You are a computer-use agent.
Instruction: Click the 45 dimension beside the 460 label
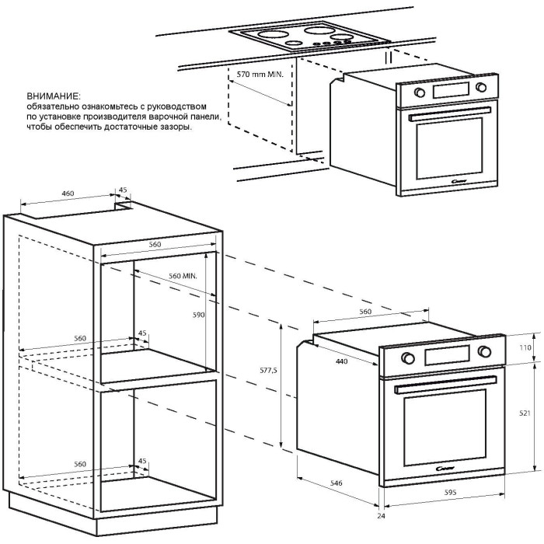(x=123, y=189)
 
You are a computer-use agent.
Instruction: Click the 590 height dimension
(x=198, y=316)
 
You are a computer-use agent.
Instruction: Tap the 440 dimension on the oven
(x=338, y=361)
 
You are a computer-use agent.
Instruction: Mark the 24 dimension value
(x=380, y=516)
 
